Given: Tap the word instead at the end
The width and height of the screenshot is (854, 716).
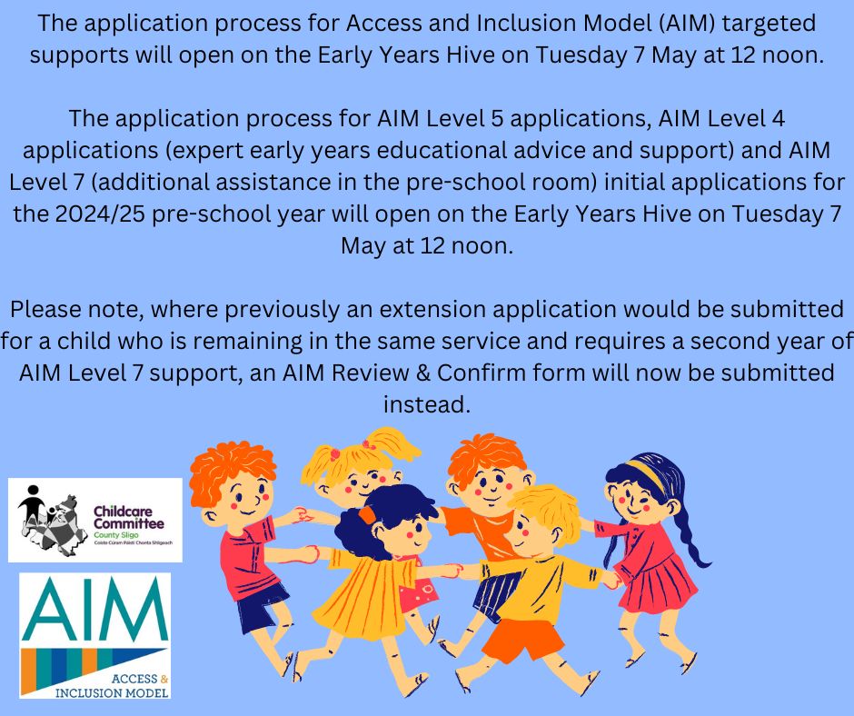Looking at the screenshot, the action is tap(426, 404).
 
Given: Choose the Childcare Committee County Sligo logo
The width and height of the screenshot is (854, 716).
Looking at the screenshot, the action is tap(94, 520).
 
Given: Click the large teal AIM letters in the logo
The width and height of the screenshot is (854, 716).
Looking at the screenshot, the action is tap(94, 608).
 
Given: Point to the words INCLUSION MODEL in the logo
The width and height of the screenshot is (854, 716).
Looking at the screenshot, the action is tap(112, 692).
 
